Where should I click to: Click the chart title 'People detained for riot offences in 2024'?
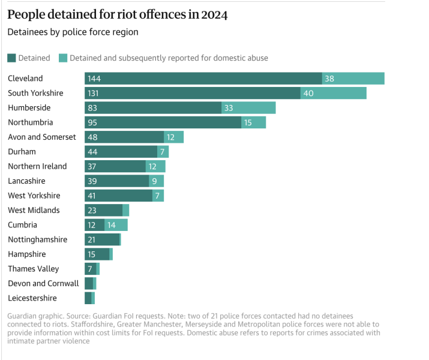pos(118,14)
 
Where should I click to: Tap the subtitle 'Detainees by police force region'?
pos(73,32)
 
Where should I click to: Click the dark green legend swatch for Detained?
pos(11,58)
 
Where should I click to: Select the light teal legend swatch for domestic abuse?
pos(63,58)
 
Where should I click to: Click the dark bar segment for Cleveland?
pos(203,79)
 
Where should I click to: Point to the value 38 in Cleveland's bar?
pos(329,79)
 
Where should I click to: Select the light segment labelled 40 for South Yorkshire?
pos(334,93)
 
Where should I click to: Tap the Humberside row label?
pos(29,108)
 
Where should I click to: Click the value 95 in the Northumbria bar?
pos(92,122)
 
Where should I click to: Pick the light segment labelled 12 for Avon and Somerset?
pos(174,137)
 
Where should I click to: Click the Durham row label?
pos(22,152)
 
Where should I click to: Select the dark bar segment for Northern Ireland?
pos(115,166)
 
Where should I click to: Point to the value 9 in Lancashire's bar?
pos(154,181)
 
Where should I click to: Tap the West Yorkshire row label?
pos(34,196)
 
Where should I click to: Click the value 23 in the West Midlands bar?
pos(92,211)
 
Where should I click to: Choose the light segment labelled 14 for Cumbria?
pos(116,225)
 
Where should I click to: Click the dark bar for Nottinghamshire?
pos(102,239)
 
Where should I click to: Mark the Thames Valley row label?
pos(34,269)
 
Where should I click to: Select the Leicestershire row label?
pos(32,298)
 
